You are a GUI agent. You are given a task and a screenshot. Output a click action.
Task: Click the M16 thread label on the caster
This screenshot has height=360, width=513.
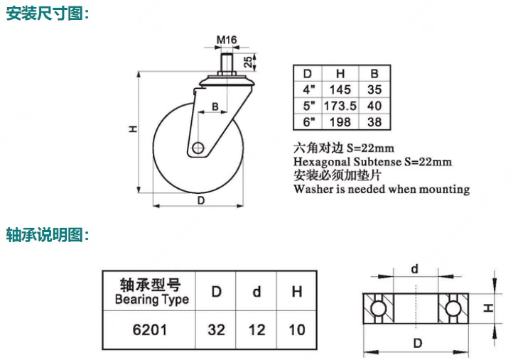pos(227,39)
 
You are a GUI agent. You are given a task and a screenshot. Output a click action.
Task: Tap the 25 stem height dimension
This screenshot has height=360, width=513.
pos(247,62)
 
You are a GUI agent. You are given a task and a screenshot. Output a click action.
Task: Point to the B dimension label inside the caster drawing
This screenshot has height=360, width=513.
pos(215,107)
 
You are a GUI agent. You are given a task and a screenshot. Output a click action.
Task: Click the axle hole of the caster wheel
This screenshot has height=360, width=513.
pos(198,149)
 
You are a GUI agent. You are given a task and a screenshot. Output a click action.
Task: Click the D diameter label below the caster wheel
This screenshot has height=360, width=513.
pos(201,200)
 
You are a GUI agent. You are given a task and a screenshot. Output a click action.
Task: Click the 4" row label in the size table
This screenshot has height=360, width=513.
pos(308,89)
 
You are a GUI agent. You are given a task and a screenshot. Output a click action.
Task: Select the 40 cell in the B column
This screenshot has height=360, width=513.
pos(374,105)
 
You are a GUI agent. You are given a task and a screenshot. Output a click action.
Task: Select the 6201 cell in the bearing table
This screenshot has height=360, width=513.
pos(151,329)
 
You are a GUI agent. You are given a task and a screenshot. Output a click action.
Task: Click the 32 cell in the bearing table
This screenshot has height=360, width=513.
pos(217,329)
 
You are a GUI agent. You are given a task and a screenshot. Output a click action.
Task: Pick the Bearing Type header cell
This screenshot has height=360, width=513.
pos(151,292)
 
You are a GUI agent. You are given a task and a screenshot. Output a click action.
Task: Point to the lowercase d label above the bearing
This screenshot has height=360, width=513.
pos(415,268)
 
